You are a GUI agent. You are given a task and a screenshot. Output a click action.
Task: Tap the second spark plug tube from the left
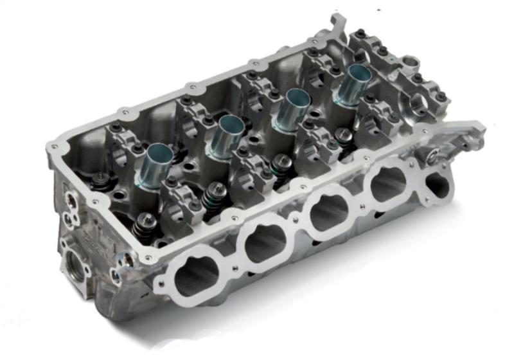[225, 134]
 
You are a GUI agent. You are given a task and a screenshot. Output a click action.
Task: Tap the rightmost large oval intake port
[388, 183]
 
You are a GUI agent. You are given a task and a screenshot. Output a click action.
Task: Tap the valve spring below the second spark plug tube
[215, 196]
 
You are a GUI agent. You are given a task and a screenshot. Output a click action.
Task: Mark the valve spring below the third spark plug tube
[281, 168]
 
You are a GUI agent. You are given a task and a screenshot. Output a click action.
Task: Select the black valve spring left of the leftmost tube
[102, 182]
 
